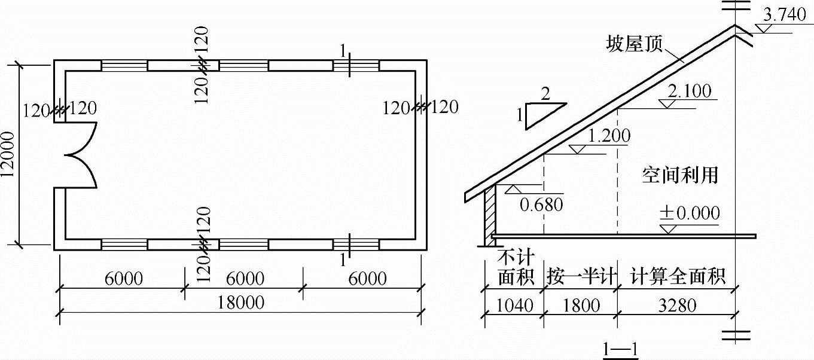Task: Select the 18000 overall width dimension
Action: tap(242, 303)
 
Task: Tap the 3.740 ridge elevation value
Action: tap(785, 16)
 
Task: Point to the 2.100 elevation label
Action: tap(689, 91)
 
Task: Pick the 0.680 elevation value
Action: tap(541, 205)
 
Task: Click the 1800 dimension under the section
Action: tap(580, 306)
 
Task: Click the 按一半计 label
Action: tap(580, 277)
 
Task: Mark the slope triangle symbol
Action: tap(542, 116)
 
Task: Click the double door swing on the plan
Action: tap(81, 155)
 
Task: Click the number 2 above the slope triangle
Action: tap(545, 93)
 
